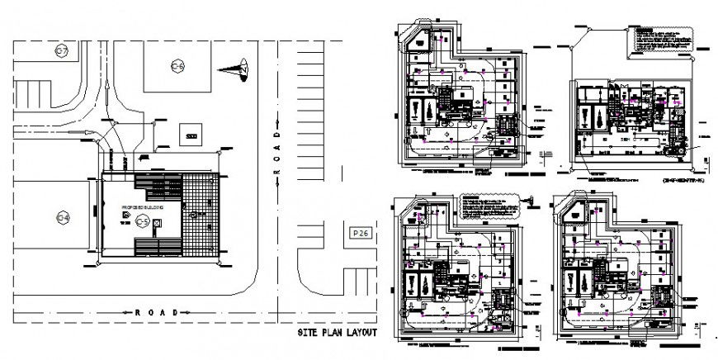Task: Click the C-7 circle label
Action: tap(61, 51)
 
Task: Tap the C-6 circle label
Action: tap(177, 66)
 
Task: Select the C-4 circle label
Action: tap(61, 218)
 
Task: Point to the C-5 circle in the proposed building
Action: tap(143, 220)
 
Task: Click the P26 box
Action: tap(359, 234)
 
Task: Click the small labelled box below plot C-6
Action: tap(191, 135)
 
